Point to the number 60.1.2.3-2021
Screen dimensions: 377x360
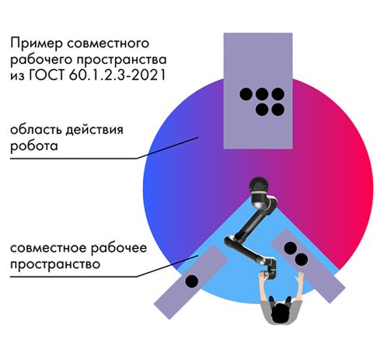(117, 75)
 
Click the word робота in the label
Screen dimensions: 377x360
(33, 146)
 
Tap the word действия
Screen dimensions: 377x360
(94, 130)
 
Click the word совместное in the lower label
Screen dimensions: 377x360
(48, 248)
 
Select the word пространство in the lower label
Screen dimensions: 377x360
(55, 265)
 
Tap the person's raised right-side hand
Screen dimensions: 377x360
(301, 277)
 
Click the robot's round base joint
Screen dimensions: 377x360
(259, 186)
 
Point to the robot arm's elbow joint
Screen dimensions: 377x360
(230, 241)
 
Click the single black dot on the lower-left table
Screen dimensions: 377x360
(192, 281)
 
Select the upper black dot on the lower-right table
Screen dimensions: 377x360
(290, 248)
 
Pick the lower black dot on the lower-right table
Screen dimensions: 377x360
(302, 260)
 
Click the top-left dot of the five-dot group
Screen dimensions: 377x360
(246, 94)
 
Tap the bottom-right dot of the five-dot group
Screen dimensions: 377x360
(278, 110)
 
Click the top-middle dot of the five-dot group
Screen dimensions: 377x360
(262, 94)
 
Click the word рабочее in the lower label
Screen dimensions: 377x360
(119, 248)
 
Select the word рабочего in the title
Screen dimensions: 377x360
(41, 60)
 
